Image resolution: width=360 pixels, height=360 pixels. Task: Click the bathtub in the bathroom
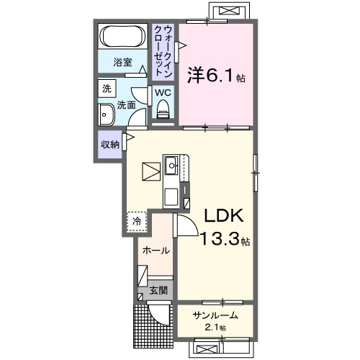125,37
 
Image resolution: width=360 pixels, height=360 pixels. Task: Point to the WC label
162,93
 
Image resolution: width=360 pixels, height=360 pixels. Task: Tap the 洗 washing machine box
107,90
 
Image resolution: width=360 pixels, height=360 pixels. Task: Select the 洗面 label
127,105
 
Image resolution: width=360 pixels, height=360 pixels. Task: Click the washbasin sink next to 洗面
107,114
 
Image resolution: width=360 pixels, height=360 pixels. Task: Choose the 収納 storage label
110,144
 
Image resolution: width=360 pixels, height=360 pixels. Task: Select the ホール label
156,251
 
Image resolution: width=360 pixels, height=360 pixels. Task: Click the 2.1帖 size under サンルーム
214,328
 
